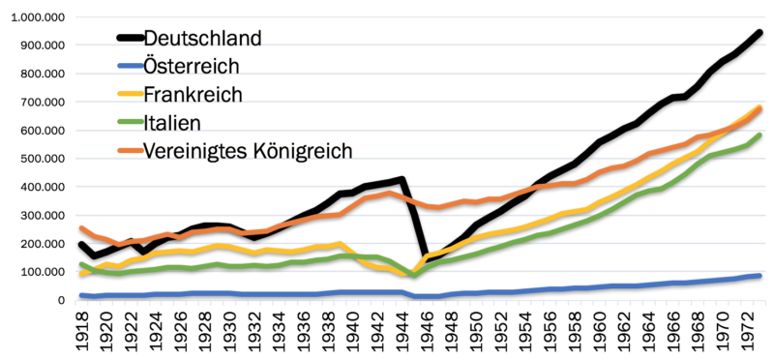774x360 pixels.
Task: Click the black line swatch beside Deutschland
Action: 129,39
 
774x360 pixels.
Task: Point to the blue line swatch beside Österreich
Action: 129,67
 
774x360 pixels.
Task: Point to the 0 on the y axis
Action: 59,300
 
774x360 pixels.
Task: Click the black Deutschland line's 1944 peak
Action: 402,180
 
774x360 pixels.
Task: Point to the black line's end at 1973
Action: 760,32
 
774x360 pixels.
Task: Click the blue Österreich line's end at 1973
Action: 760,276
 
